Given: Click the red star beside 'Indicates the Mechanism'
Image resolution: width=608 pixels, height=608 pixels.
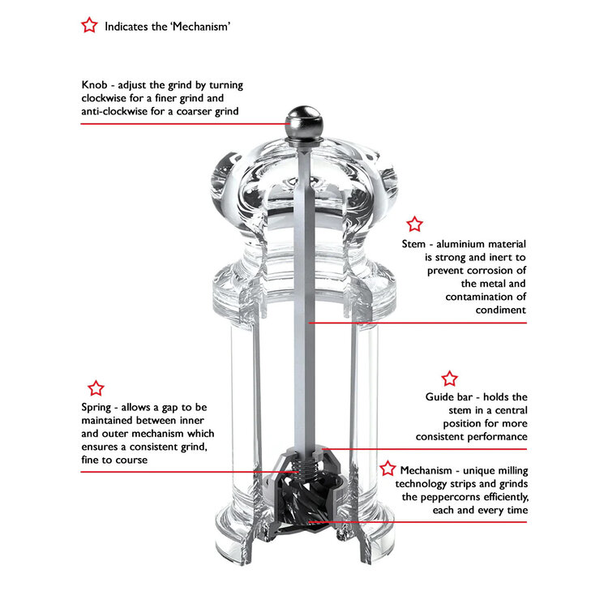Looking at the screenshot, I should pos(89,25).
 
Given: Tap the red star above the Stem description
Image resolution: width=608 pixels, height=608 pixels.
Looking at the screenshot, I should pos(414,224).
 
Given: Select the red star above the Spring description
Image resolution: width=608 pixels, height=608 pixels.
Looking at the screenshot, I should pos(96,388).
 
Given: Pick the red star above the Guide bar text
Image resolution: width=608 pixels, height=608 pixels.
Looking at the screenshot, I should pos(449,378).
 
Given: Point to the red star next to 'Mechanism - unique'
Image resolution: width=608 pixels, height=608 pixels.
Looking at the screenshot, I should pos(388,469).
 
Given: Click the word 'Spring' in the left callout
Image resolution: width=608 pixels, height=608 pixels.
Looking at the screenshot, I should pos(98,407).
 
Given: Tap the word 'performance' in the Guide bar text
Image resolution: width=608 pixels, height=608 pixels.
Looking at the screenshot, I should pos(497,436).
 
